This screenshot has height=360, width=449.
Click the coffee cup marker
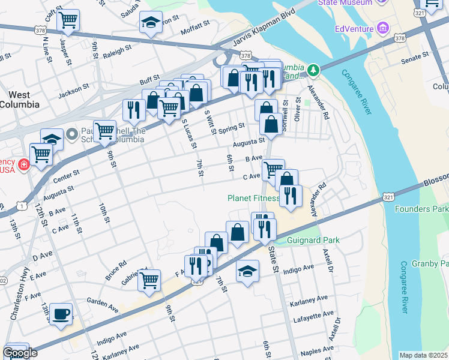[x=61, y=314]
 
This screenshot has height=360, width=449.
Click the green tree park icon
[x=312, y=71]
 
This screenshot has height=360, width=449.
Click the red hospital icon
[x=23, y=164]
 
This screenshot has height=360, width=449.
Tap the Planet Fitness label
[x=253, y=198]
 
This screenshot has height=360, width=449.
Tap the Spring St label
[x=232, y=128]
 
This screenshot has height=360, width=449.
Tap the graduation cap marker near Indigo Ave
[x=247, y=271]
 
